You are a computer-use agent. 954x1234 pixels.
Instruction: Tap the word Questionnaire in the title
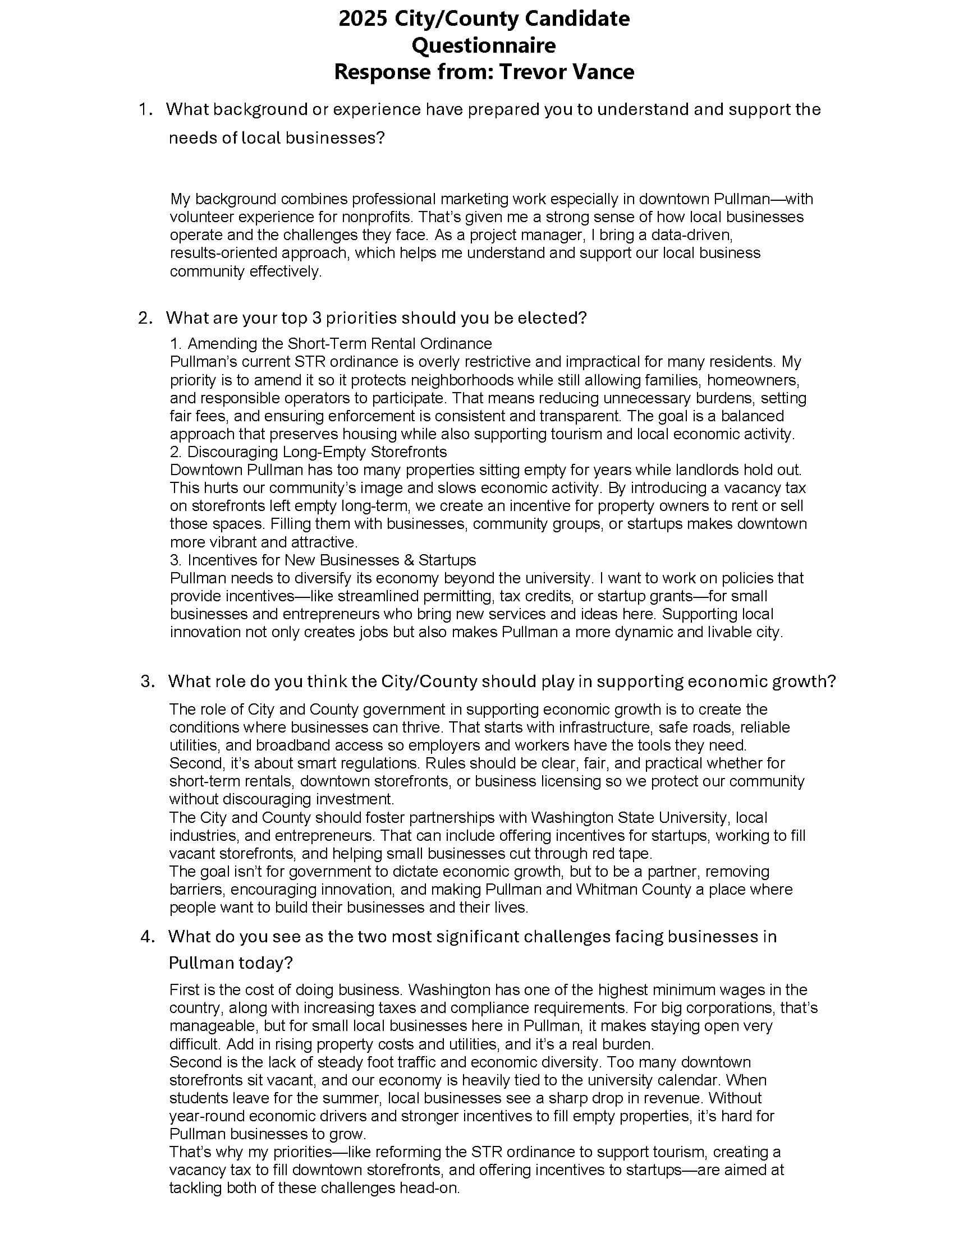tap(483, 45)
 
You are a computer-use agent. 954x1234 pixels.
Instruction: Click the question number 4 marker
tap(147, 937)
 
